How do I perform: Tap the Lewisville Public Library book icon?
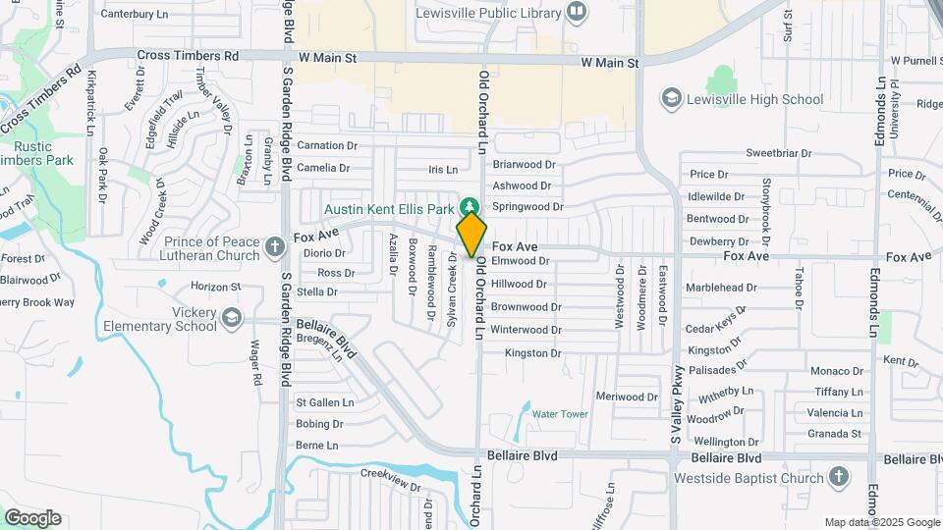[577, 12]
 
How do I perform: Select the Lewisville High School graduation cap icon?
[672, 98]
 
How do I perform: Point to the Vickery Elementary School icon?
[231, 317]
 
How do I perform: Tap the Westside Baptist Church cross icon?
[838, 478]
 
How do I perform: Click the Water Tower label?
[560, 414]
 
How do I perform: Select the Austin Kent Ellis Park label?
[391, 209]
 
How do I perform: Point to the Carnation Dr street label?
[327, 145]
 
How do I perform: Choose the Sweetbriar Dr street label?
[778, 153]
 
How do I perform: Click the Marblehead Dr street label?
[721, 288]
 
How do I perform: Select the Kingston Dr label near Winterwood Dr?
[532, 352]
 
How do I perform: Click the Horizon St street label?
[215, 287]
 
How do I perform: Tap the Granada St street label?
[834, 433]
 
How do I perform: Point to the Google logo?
[32, 517]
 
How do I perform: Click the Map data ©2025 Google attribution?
[882, 522]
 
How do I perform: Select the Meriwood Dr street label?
[627, 397]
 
